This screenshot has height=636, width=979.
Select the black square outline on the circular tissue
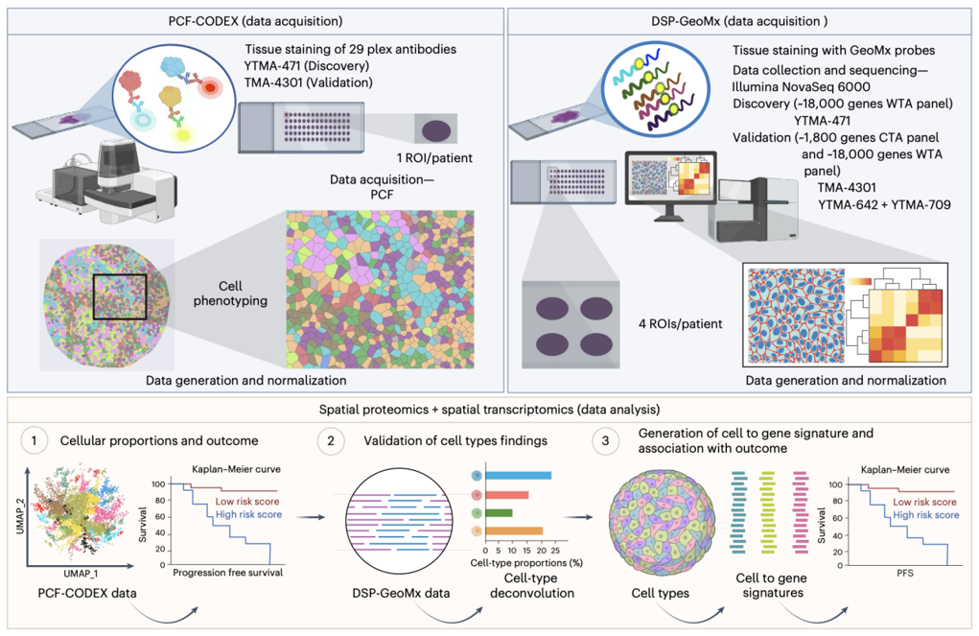click(x=119, y=295)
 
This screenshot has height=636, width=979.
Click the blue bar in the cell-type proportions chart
click(x=518, y=476)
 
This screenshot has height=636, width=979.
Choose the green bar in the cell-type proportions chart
click(x=500, y=512)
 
